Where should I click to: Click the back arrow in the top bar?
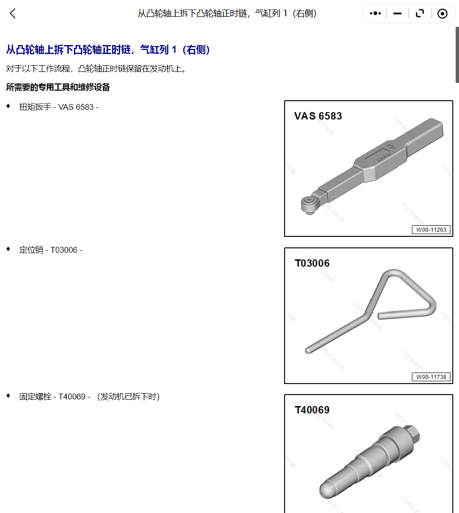pos(13,13)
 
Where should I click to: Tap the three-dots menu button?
pos(375,13)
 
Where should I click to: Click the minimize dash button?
pos(398,13)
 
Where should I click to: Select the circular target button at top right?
pos(442,13)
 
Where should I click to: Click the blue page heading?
pos(108,50)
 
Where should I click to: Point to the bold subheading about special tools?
pos(58,87)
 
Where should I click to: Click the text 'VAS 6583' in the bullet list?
pos(76,107)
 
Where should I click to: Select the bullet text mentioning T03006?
pos(51,250)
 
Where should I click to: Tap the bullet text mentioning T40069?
pos(89,396)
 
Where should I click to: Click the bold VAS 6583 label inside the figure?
pos(318,116)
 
